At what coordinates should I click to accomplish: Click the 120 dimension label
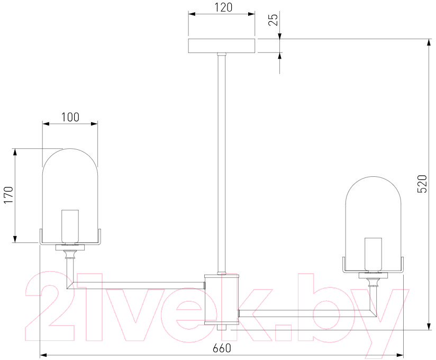coord(223,7)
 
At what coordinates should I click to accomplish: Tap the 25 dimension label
coord(274,20)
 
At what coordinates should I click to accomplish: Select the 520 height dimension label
coord(422,184)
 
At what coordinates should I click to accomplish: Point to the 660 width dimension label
coord(222,348)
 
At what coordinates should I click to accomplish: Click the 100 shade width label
coord(70,117)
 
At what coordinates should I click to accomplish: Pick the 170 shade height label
coord(8,195)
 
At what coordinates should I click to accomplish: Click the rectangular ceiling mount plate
coord(222,46)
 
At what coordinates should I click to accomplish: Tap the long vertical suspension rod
coord(222,163)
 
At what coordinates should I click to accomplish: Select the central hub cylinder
coord(222,300)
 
